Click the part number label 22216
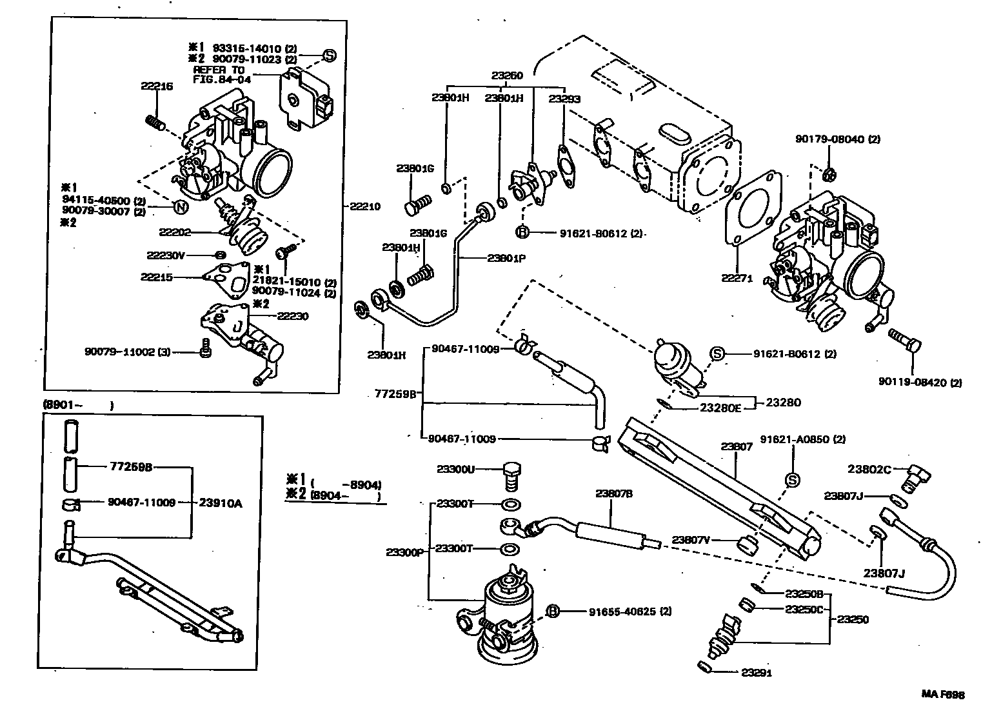(157, 86)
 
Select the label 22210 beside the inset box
(365, 207)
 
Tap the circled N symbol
(181, 206)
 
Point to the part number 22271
(737, 279)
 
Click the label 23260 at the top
(507, 75)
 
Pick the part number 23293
(564, 99)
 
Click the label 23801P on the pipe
(506, 258)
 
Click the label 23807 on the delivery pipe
(737, 446)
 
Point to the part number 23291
(756, 673)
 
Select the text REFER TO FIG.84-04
(219, 74)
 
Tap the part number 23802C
(869, 470)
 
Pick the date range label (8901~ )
(77, 406)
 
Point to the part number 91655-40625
(629, 611)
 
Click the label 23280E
(720, 408)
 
